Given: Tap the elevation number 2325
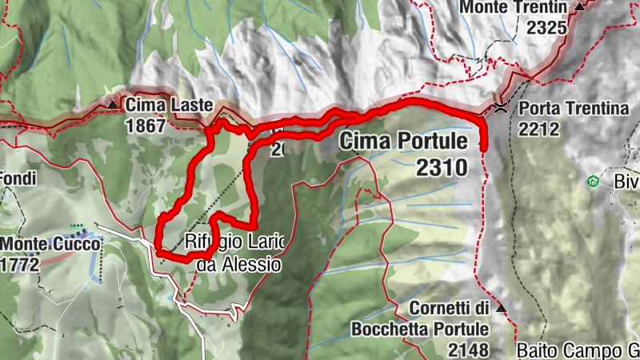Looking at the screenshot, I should [547, 27].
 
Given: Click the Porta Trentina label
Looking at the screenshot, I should [574, 109].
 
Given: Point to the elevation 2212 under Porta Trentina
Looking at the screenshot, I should [538, 128].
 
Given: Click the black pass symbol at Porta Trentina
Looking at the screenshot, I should [502, 107].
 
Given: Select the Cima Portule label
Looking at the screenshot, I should [403, 142].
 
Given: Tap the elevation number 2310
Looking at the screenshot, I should [441, 166].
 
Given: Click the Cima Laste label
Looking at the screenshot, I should [169, 105].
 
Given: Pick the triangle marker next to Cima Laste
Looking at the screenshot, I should [113, 104].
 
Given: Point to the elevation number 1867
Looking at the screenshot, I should [145, 126].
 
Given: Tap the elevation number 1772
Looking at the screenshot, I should [19, 265].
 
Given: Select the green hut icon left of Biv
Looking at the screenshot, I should [592, 182].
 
